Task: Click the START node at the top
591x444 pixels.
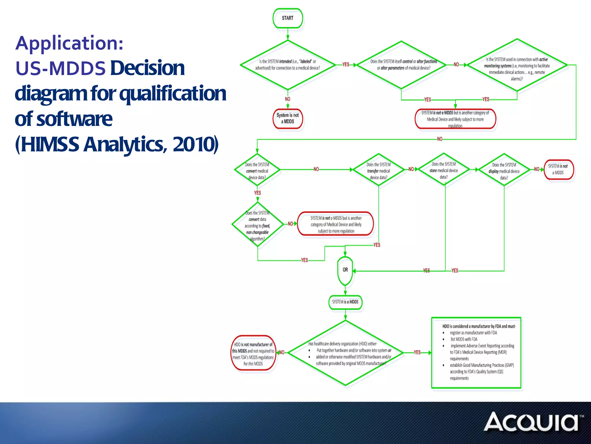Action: [x=287, y=18]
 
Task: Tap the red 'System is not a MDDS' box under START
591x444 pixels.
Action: [x=288, y=119]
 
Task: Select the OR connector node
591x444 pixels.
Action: [x=345, y=270]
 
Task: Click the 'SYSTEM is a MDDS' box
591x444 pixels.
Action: [x=345, y=302]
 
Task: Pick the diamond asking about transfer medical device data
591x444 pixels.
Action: [x=378, y=171]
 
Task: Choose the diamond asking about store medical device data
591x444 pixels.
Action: [x=444, y=170]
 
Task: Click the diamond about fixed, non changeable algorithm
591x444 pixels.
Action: [x=257, y=225]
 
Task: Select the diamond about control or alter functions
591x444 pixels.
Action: [x=401, y=65]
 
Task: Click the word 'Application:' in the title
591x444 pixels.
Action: [x=69, y=43]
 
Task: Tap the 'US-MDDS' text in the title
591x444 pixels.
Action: [x=60, y=69]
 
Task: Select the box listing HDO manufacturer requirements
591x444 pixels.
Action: [x=476, y=353]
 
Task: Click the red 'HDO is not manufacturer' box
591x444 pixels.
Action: [x=253, y=353]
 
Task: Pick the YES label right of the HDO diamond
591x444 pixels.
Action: [x=417, y=352]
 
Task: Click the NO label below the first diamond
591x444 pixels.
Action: [x=287, y=99]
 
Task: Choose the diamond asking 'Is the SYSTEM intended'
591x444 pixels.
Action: [x=287, y=65]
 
